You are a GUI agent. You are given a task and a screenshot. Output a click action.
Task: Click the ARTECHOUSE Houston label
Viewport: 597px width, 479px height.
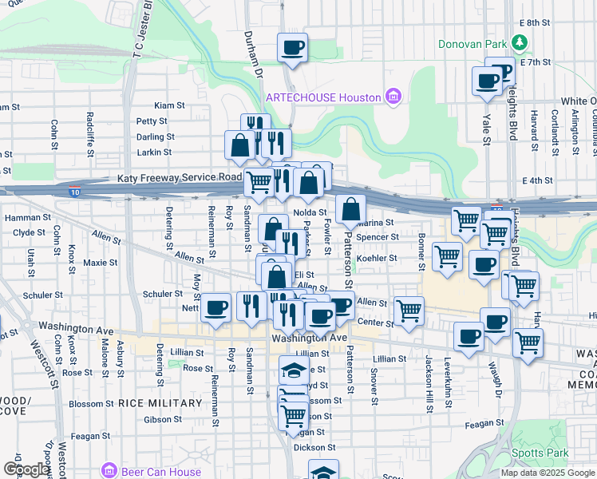click(322, 97)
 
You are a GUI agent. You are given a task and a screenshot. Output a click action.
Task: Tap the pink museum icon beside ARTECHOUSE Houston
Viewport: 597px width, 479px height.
click(392, 97)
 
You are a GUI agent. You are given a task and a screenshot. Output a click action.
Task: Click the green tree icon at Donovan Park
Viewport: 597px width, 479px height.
click(520, 42)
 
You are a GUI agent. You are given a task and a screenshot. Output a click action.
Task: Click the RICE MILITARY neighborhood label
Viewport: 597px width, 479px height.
click(160, 403)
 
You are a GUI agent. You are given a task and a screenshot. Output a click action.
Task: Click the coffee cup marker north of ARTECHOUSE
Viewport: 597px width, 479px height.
click(293, 47)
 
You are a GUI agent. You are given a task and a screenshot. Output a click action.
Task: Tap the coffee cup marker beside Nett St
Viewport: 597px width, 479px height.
click(215, 307)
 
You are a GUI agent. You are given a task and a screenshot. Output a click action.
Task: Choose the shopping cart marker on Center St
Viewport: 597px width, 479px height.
click(409, 310)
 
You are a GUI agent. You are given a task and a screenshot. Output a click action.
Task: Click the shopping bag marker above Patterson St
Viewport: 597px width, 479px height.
click(350, 210)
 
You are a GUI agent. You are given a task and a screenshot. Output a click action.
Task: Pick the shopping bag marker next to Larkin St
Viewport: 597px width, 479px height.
click(239, 145)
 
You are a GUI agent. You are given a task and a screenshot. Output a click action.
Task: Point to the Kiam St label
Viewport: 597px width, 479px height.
click(169, 105)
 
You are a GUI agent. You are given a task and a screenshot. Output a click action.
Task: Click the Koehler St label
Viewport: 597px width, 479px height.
click(377, 259)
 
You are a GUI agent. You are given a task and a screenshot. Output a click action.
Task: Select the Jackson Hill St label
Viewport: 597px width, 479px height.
click(429, 382)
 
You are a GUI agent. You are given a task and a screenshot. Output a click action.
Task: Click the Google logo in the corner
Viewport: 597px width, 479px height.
click(26, 469)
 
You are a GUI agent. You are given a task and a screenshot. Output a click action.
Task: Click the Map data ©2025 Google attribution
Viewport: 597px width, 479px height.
click(548, 473)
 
